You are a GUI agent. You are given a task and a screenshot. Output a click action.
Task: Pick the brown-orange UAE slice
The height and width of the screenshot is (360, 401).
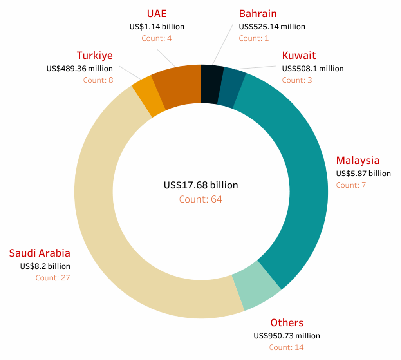pos(177,86)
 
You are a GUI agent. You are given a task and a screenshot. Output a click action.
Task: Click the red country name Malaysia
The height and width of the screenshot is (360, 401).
pos(358,161)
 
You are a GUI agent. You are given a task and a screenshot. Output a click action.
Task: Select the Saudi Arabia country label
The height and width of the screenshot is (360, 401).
pos(40,253)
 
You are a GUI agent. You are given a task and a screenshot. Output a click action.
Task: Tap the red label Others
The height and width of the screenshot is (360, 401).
pos(287,323)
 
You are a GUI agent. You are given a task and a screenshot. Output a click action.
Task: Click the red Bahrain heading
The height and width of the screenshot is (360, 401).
pos(258,14)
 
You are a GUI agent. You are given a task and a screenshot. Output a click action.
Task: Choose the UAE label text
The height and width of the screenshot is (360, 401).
pos(157,14)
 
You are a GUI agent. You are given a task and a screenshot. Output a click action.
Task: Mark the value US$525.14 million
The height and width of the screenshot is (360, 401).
pos(272,27)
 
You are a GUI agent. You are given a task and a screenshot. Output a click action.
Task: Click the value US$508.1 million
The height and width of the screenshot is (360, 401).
pos(313,69)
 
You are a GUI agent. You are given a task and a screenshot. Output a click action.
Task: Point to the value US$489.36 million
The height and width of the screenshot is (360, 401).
pos(79,69)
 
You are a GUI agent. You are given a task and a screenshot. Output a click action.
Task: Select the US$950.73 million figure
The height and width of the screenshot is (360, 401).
pos(287,336)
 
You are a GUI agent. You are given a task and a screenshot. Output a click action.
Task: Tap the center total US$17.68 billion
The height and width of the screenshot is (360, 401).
pos(200,185)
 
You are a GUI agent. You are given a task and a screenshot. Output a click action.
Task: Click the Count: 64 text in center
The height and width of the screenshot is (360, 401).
pos(200,199)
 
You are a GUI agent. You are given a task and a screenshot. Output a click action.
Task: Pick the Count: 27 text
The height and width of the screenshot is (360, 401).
pos(53,278)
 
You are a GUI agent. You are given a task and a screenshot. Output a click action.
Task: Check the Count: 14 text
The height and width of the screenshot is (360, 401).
pos(286,347)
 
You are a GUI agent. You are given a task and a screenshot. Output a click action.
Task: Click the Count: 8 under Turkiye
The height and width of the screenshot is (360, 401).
pos(98,80)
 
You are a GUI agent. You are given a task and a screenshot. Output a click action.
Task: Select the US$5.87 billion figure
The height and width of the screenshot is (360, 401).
pos(363,174)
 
